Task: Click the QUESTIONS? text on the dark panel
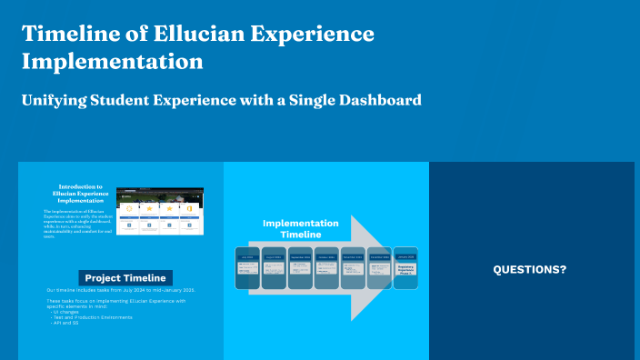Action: (x=530, y=270)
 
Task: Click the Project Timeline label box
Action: (x=125, y=277)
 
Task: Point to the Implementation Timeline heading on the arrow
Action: (x=301, y=228)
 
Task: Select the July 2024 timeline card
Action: (x=248, y=268)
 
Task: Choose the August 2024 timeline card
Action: (x=275, y=268)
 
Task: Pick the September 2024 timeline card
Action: (x=301, y=268)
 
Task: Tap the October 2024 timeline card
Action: (x=327, y=268)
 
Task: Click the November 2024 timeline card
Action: (x=354, y=268)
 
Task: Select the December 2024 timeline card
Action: (x=380, y=268)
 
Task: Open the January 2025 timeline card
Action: (x=406, y=268)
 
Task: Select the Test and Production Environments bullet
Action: (x=92, y=317)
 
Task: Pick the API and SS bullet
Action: (x=66, y=323)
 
